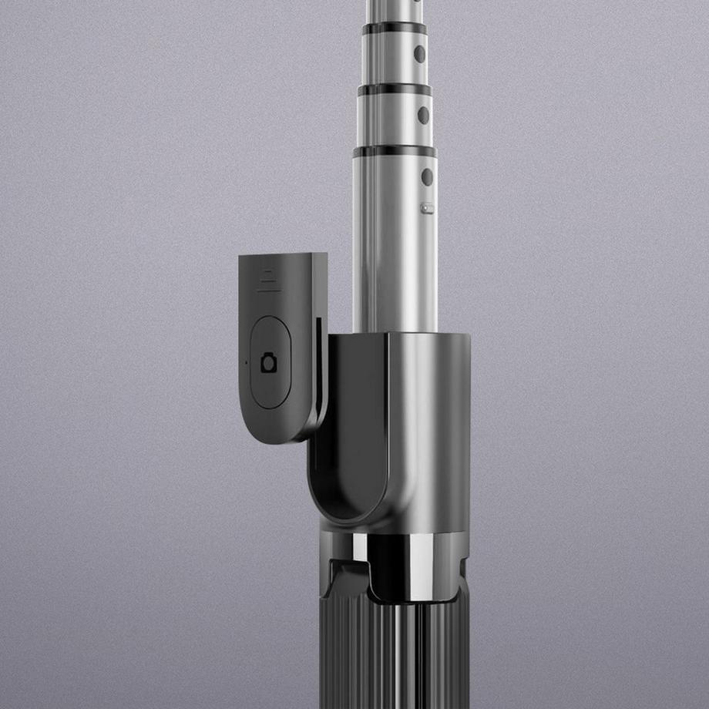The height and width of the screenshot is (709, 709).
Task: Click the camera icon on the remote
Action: tap(269, 362)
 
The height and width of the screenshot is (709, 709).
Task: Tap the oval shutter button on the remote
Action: tap(270, 361)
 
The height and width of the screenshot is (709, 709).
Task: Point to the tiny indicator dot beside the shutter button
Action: tap(246, 361)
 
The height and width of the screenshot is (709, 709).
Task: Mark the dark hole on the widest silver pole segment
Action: tap(426, 177)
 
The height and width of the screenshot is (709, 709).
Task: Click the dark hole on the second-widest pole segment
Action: tap(423, 115)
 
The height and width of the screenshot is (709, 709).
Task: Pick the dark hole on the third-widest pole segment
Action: tap(419, 53)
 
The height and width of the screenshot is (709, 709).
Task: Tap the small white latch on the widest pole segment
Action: tap(427, 208)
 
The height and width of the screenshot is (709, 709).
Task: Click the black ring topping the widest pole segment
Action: tap(395, 151)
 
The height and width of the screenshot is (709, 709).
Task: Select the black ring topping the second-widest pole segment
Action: tap(394, 89)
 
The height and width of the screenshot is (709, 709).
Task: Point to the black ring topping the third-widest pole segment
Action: tap(394, 29)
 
